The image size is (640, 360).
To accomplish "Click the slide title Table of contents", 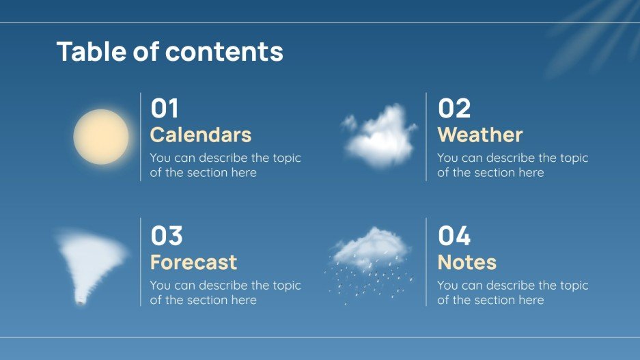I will [x=169, y=52].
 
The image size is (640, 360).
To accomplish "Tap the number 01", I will [x=165, y=109].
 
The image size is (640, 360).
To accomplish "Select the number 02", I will [x=454, y=109].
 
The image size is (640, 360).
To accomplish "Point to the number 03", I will [x=167, y=236].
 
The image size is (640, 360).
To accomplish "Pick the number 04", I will [x=454, y=236].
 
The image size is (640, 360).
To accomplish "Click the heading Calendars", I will [x=201, y=135].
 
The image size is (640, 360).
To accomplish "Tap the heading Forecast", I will [x=193, y=262].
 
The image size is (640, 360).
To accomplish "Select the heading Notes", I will [x=467, y=262].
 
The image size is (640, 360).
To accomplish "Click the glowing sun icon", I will [x=101, y=137].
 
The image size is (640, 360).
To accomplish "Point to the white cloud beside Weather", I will [x=380, y=136].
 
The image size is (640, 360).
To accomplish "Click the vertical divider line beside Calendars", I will [x=141, y=137].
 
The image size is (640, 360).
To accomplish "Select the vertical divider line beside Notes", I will [x=426, y=262].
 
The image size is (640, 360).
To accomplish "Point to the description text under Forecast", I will [x=225, y=292].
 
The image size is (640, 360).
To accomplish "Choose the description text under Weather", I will [x=512, y=165].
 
